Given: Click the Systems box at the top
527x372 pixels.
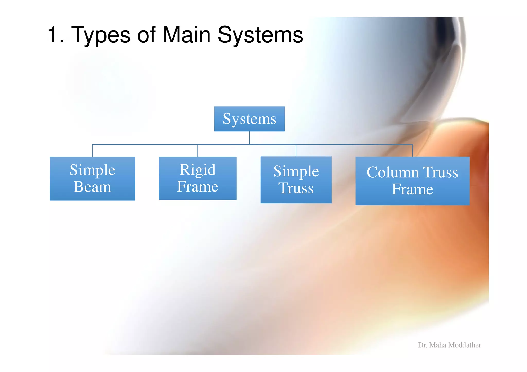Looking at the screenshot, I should pyautogui.click(x=249, y=119).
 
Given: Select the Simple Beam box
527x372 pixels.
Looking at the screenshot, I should pyautogui.click(x=92, y=178).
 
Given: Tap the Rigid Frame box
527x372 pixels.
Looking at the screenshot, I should pyautogui.click(x=198, y=178).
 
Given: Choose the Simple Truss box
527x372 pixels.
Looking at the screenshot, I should pyautogui.click(x=296, y=180).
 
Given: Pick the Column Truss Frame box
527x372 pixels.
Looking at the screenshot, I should pyautogui.click(x=412, y=181).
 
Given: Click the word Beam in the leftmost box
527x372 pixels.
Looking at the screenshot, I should pyautogui.click(x=92, y=187).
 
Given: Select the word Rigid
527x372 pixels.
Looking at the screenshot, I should pyautogui.click(x=198, y=170).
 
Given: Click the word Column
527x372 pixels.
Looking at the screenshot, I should pyautogui.click(x=393, y=172).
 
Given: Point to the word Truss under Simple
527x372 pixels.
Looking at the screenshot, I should pyautogui.click(x=296, y=188).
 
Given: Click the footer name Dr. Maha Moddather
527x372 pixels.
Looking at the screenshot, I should pyautogui.click(x=449, y=345).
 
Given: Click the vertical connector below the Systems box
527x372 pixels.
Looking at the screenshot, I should pyautogui.click(x=249, y=138).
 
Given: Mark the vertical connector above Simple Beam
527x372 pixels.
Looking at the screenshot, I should pyautogui.click(x=92, y=151).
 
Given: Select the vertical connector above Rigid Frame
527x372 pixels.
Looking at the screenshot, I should pyautogui.click(x=198, y=151).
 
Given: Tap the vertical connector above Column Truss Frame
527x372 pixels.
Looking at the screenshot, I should pyautogui.click(x=412, y=151).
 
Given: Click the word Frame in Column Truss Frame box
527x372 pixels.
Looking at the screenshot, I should pyautogui.click(x=412, y=189).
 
